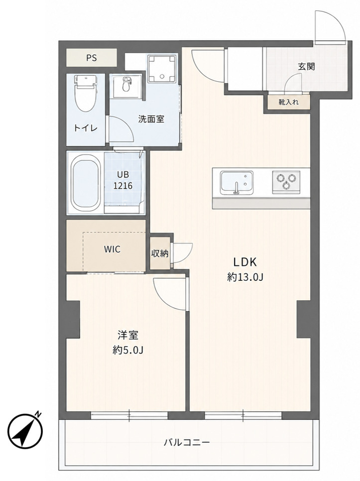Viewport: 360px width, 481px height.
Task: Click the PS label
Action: coord(91,58)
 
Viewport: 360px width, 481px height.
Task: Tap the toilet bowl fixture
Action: coord(85,93)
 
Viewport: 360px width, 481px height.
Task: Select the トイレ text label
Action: coord(86,128)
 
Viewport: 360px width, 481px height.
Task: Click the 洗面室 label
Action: coord(151,119)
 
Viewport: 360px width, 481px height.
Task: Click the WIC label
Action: coord(112,249)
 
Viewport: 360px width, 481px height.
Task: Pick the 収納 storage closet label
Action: coord(160,253)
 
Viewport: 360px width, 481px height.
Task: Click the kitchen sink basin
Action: coord(237,183)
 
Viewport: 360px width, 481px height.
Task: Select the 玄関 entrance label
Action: coord(306,66)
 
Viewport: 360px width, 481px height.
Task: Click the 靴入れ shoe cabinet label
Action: coord(288,102)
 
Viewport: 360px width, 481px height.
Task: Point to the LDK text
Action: coord(244,262)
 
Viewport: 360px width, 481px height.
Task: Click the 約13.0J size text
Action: coord(245,277)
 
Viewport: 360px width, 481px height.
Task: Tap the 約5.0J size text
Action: coord(128,350)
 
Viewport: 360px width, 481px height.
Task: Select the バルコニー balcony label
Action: coord(187,442)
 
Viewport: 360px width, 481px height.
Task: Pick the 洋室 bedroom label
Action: coord(128,335)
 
